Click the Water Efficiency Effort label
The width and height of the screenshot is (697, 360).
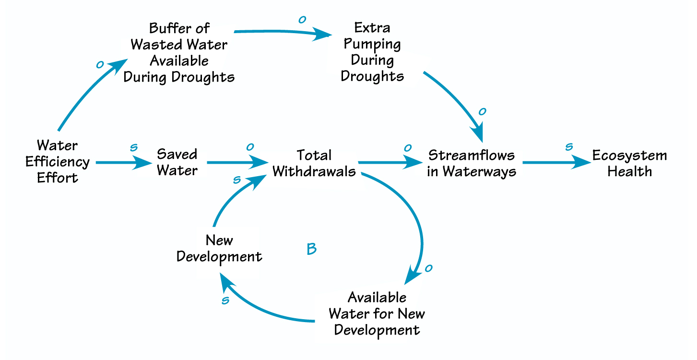58,161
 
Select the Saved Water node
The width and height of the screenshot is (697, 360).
177,162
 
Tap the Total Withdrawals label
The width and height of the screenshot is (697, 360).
314,163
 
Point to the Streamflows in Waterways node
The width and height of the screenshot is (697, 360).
472,163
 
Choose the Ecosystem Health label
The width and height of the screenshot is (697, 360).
629,163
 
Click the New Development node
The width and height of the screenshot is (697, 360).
219,248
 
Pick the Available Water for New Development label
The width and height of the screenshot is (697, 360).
377,314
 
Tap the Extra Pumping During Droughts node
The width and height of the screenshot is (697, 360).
372,52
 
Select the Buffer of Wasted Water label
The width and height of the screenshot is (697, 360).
179,52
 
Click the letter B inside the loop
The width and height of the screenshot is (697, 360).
311,249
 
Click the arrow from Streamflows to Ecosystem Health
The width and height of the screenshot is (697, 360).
556,163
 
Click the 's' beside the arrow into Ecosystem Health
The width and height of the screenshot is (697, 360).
569,147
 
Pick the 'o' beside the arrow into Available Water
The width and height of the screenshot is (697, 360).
429,268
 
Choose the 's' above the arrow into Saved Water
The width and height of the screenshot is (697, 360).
134,147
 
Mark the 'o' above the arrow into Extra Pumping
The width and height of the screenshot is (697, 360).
302,20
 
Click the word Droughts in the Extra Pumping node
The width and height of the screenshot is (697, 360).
372,76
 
